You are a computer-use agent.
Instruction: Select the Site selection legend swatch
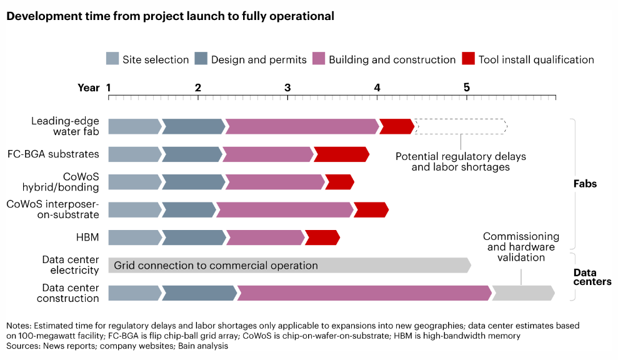pyautogui.click(x=112, y=59)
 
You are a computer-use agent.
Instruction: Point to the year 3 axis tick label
pyautogui.click(x=287, y=87)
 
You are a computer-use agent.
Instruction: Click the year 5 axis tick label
pyautogui.click(x=467, y=87)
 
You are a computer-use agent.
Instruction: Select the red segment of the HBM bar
pyautogui.click(x=322, y=237)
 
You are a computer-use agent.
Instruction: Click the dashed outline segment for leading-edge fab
pyautogui.click(x=461, y=126)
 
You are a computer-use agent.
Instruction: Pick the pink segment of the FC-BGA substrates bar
pyautogui.click(x=267, y=154)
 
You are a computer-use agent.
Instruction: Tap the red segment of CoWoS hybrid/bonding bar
pyautogui.click(x=339, y=182)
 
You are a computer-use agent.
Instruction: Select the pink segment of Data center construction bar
pyautogui.click(x=364, y=292)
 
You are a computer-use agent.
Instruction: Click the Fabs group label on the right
pyautogui.click(x=585, y=184)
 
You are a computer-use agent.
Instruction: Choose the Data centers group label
pyautogui.click(x=592, y=277)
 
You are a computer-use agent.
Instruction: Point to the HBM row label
pyautogui.click(x=87, y=237)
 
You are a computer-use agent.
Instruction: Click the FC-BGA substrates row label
pyautogui.click(x=53, y=154)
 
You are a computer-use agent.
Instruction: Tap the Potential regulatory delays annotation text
pyautogui.click(x=461, y=161)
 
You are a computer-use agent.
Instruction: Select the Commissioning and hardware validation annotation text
pyautogui.click(x=521, y=247)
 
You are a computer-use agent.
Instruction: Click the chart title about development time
pyautogui.click(x=170, y=16)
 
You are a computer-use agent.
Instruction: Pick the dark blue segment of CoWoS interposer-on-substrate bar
pyautogui.click(x=189, y=210)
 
